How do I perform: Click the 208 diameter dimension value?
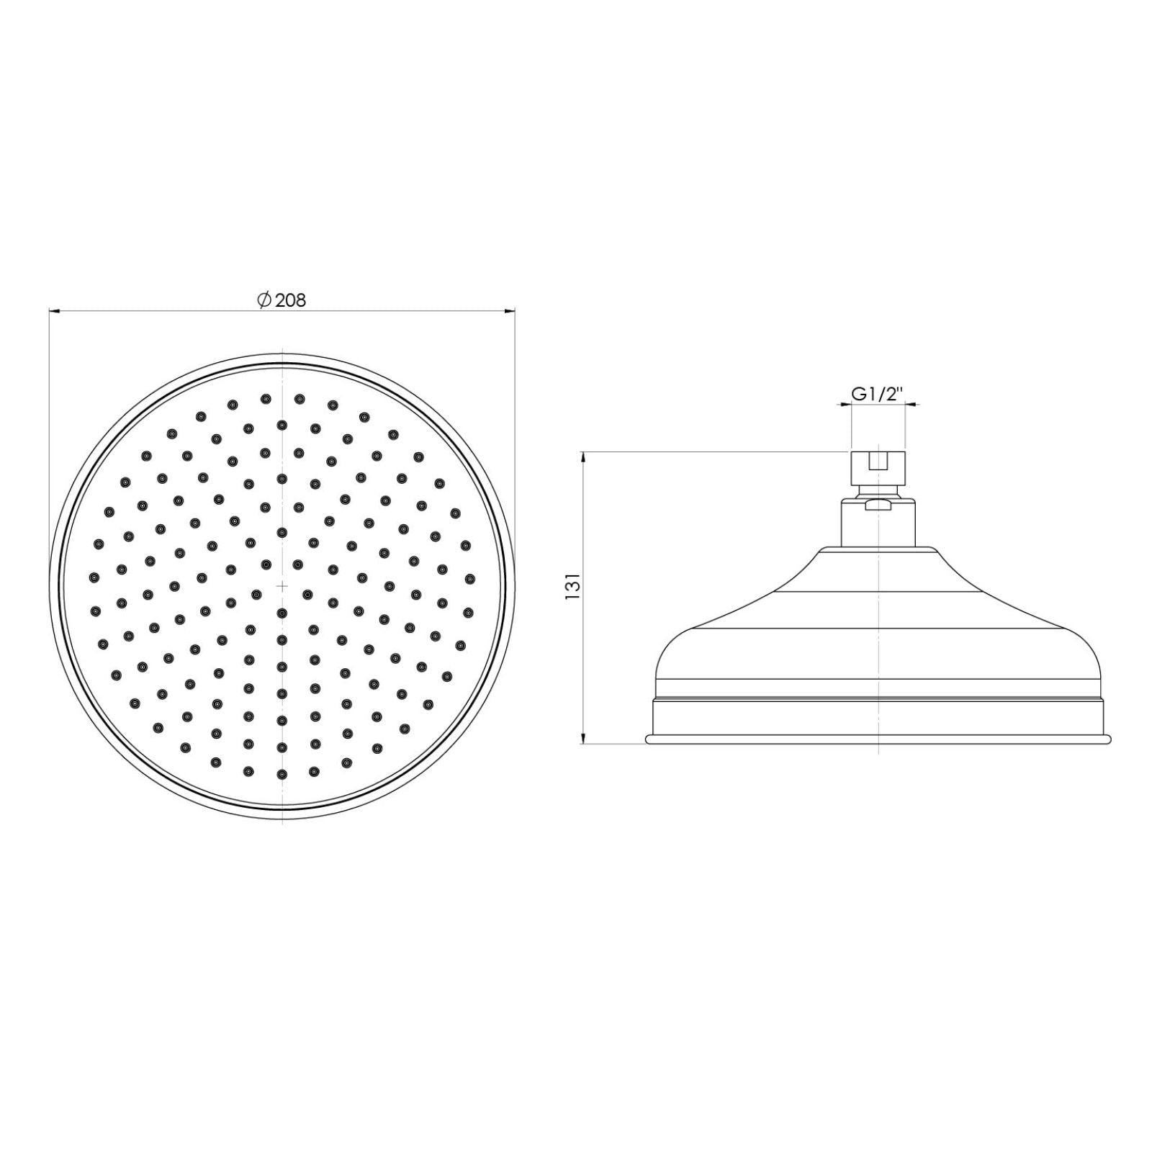coord(291,300)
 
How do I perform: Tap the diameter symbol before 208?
coord(264,300)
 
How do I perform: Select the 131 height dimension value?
coord(573,586)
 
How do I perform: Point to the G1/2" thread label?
coord(877,394)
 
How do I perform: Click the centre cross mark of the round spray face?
coord(282,586)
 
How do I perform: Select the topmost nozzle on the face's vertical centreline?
coord(282,425)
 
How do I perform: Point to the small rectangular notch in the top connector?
coord(878,461)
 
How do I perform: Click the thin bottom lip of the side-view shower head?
coord(878,739)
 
